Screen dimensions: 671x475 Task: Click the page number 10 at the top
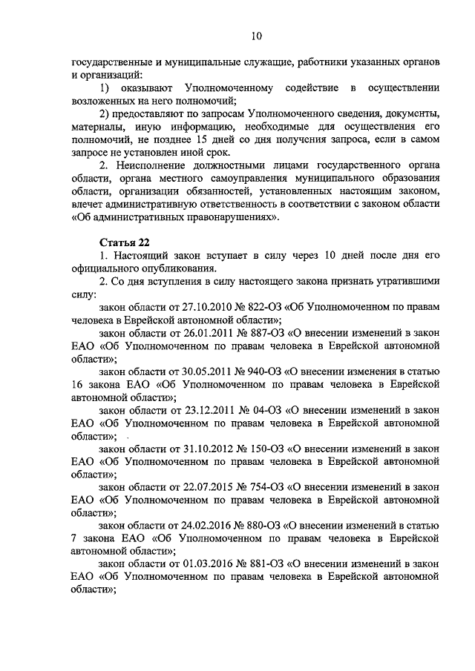(256, 36)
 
